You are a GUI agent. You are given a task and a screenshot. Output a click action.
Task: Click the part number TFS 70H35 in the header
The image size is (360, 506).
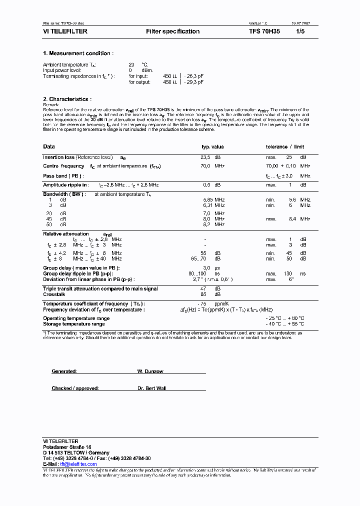coord(264,31)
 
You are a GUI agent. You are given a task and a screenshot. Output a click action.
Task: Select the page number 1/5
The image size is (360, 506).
coord(300,31)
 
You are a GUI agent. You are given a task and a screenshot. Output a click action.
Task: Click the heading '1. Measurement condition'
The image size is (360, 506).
coord(78,53)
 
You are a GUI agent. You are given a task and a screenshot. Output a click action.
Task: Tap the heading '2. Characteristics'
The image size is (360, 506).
coord(67,99)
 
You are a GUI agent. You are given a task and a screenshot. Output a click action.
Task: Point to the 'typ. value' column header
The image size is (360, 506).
coord(212,147)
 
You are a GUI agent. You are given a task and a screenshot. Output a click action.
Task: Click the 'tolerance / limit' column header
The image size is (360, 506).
coord(284,147)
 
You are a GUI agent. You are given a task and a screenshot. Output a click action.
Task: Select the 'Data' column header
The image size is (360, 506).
coord(49,147)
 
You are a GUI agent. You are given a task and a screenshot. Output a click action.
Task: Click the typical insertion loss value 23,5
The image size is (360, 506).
coord(205,157)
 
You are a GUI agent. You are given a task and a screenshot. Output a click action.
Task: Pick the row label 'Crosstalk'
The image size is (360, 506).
coord(54,294)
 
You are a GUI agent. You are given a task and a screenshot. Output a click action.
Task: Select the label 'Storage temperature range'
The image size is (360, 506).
coord(73,324)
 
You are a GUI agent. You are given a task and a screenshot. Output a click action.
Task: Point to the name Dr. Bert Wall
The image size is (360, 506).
coord(151,388)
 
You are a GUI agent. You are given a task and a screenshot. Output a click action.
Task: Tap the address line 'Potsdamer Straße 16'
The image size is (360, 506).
coord(67,446)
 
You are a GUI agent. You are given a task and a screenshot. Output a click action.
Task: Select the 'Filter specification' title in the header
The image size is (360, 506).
coord(172,31)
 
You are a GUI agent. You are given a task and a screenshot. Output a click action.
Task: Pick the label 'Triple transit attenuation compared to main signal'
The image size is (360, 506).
coord(100,289)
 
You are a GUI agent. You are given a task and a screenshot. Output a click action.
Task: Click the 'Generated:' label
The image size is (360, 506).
coord(64,371)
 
